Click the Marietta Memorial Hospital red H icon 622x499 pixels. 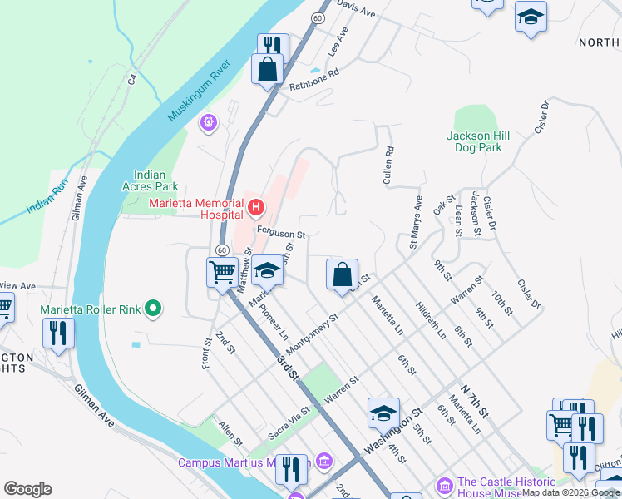(x=256, y=205)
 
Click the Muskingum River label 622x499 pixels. (x=198, y=91)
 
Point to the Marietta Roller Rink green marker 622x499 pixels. (x=152, y=309)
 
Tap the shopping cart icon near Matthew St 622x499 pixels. (x=222, y=272)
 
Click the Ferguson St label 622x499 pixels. (x=281, y=235)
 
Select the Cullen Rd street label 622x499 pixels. (x=388, y=166)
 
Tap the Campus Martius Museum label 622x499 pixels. (x=244, y=462)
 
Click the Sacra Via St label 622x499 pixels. (x=289, y=422)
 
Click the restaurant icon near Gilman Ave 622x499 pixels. (x=59, y=333)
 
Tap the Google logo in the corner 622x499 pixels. (x=27, y=489)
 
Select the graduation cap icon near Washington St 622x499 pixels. (x=383, y=412)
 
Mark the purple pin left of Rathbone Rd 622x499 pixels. (x=208, y=123)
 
